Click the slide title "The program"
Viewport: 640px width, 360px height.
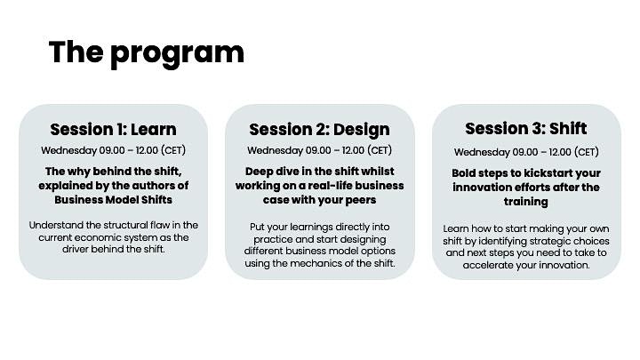[147, 52]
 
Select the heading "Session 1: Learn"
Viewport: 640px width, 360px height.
[114, 130]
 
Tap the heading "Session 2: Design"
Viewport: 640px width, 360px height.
[320, 130]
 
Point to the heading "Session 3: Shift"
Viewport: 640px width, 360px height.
[526, 129]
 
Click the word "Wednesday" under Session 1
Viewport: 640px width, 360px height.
[69, 150]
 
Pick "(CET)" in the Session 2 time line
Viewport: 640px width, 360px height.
[380, 150]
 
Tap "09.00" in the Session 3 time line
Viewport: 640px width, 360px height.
[525, 152]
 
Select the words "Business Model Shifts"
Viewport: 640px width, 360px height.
[114, 200]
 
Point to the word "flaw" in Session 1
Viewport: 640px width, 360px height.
[160, 225]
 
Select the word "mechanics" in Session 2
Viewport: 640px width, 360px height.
[316, 264]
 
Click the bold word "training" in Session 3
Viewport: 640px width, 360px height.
[525, 202]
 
